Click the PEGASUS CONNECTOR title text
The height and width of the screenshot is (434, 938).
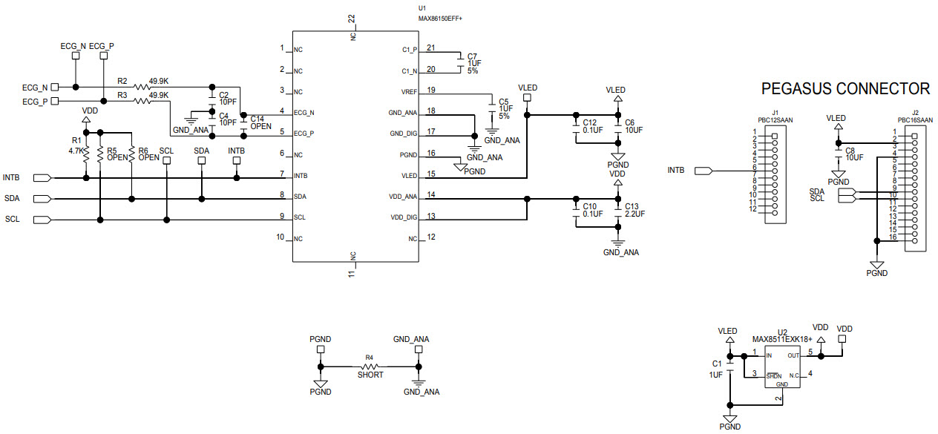(x=845, y=89)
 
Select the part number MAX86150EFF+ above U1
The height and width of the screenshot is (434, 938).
(x=445, y=17)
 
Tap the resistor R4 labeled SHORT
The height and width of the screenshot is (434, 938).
(x=370, y=366)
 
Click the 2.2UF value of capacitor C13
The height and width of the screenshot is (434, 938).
(x=636, y=214)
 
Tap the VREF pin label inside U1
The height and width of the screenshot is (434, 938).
(x=409, y=91)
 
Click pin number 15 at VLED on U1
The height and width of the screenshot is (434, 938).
(x=430, y=174)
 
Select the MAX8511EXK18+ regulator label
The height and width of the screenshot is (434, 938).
(x=781, y=340)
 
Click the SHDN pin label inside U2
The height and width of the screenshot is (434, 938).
(x=773, y=376)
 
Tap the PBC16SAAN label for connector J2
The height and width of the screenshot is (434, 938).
(x=915, y=119)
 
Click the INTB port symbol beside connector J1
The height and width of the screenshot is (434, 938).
(x=703, y=171)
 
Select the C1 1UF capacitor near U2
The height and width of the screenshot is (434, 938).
(x=730, y=369)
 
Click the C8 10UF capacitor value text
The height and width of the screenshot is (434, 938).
(x=855, y=157)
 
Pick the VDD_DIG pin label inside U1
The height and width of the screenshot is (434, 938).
(x=404, y=217)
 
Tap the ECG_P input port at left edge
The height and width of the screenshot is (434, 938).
(x=55, y=102)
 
